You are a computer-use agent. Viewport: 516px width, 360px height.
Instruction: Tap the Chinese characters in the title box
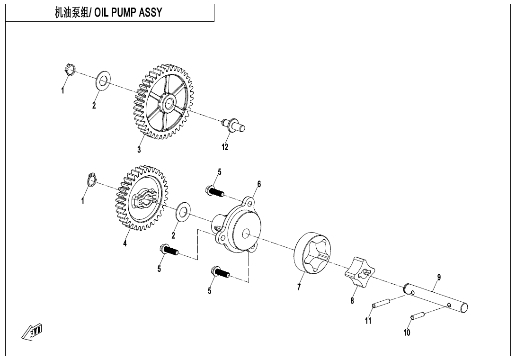73,13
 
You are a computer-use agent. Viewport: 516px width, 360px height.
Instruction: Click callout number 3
139,150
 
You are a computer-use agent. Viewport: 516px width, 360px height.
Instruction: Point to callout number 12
225,147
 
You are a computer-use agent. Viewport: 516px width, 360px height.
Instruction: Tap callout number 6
259,184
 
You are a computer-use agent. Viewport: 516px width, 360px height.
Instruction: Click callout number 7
299,287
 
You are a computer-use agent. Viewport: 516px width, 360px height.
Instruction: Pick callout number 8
352,300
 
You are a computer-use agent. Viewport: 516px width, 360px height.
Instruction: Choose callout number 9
439,277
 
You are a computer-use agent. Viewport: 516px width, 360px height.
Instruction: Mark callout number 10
407,333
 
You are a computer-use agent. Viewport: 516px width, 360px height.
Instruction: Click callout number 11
368,321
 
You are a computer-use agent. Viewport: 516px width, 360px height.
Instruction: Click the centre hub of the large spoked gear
168,101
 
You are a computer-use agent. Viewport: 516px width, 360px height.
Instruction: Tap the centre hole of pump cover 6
245,234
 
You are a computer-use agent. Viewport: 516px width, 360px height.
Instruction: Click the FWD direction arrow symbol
32,332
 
